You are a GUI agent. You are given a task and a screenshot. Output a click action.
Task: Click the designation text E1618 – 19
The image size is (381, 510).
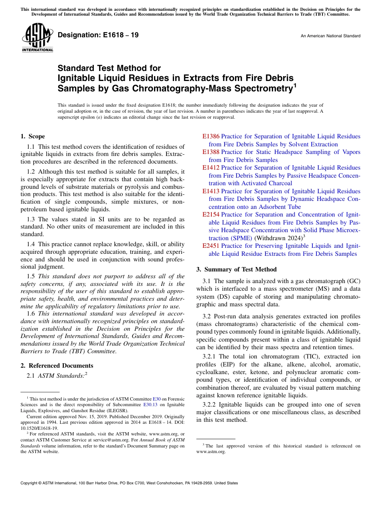pos(98,35)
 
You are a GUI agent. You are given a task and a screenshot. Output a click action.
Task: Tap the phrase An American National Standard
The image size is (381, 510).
pos(330,36)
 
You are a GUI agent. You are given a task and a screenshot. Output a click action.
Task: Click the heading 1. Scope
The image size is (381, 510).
pos(33,136)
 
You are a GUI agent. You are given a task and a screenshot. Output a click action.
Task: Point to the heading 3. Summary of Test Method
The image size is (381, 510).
pos(236,269)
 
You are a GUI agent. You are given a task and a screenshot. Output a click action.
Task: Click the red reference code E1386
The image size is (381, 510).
pos(211,136)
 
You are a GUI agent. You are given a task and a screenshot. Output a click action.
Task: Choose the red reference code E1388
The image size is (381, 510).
pos(211,152)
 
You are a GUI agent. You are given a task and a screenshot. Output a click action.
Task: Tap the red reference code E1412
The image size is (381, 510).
pos(211,168)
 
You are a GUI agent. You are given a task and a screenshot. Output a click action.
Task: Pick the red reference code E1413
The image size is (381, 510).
pos(211,191)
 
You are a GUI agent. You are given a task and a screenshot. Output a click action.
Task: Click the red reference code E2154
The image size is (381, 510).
pos(211,215)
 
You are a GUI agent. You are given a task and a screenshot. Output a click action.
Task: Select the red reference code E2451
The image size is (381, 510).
pos(211,246)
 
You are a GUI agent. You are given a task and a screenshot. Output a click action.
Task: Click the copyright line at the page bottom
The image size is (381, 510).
pos(129,483)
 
